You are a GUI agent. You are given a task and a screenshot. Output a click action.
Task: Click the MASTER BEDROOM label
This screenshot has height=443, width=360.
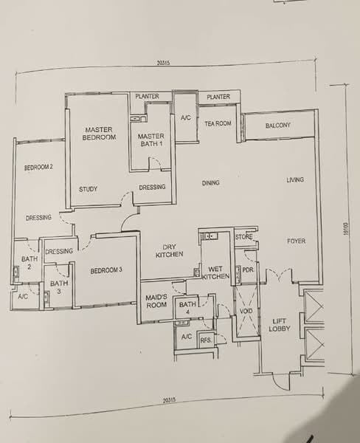(x=99, y=134)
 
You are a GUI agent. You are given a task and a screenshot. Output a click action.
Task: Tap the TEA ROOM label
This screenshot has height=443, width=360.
(x=218, y=123)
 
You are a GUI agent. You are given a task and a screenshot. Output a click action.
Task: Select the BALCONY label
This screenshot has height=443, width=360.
(x=278, y=126)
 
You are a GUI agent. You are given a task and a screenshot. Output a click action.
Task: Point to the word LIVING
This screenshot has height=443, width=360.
(x=295, y=179)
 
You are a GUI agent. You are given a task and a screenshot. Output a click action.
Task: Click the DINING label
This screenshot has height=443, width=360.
(x=211, y=183)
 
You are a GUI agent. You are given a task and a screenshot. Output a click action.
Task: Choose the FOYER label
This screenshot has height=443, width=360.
(x=296, y=241)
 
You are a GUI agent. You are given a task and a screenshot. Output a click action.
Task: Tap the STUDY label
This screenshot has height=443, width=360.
(x=88, y=189)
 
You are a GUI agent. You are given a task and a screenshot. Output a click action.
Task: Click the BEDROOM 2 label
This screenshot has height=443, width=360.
(x=38, y=168)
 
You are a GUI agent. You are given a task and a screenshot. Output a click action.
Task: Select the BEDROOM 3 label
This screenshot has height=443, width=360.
(x=106, y=270)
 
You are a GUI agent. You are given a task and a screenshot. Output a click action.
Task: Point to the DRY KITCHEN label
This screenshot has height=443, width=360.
(x=170, y=250)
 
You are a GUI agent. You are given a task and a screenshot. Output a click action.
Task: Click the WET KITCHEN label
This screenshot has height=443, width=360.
(x=215, y=272)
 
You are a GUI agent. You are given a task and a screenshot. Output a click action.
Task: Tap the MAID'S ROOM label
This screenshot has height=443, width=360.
(x=156, y=301)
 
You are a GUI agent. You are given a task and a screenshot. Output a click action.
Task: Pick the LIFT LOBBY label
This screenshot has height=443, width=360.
(x=280, y=325)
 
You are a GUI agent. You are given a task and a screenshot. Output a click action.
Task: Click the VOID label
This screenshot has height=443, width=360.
(x=246, y=311)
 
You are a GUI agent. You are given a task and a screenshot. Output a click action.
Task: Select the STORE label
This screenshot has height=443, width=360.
(x=243, y=237)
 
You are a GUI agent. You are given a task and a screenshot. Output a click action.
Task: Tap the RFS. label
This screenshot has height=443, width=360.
(x=206, y=340)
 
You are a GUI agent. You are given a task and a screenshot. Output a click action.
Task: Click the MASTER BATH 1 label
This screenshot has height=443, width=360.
(x=151, y=140)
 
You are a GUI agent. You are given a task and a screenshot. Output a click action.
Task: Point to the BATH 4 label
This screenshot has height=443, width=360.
(x=187, y=308)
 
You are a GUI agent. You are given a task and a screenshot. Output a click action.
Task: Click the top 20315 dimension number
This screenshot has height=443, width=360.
(x=164, y=63)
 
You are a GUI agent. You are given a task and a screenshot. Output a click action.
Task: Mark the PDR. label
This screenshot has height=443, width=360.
(x=248, y=269)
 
